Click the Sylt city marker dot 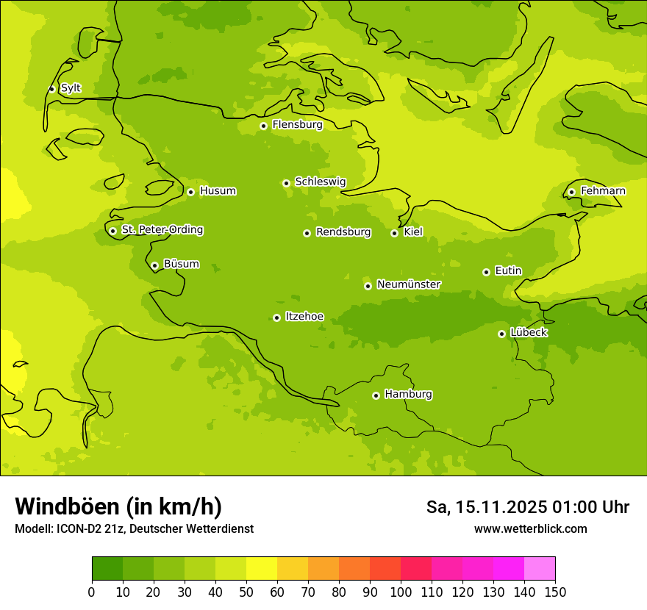coord(51,89)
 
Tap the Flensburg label coord(297,125)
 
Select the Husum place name coord(218,191)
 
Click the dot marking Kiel coord(394,233)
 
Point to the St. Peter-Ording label coord(162,230)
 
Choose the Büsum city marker coord(154,265)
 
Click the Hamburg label coord(408,395)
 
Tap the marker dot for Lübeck coord(501,334)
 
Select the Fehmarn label coord(603,191)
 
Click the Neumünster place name coord(409,284)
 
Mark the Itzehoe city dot coord(276,317)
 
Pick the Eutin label coord(508,271)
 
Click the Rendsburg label coord(343,232)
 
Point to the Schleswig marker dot coord(286,183)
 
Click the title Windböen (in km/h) coord(118,506)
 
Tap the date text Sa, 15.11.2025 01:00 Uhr coord(527,507)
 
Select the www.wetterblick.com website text coord(530,529)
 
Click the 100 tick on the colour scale coord(401,592)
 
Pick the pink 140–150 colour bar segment coord(539,569)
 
